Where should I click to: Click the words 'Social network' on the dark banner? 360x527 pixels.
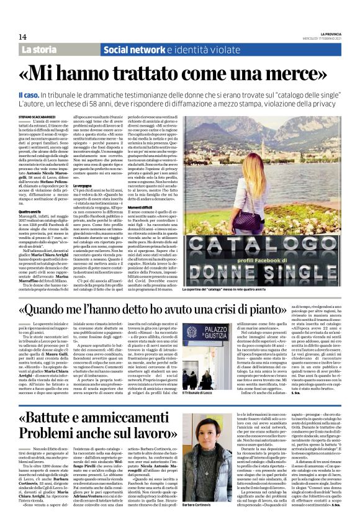click(x=134, y=49)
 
